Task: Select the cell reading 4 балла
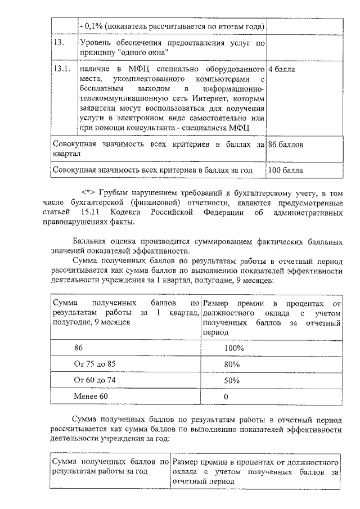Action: (282, 69)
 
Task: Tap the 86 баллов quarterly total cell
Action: (286, 145)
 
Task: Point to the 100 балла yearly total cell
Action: (286, 169)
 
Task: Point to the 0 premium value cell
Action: (226, 397)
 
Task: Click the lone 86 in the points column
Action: (79, 348)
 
